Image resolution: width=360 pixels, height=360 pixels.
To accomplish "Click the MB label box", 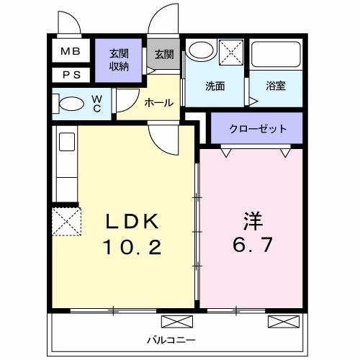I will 70,51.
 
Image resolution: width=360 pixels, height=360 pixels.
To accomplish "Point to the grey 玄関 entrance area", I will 163,55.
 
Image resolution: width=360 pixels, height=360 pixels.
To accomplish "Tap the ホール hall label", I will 158,102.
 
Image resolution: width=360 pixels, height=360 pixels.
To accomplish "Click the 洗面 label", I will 215,86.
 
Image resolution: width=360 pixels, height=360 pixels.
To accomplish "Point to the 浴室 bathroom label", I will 276,86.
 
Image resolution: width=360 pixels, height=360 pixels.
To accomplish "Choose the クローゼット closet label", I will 257,129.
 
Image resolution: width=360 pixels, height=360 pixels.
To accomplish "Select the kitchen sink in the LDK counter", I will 66,142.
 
